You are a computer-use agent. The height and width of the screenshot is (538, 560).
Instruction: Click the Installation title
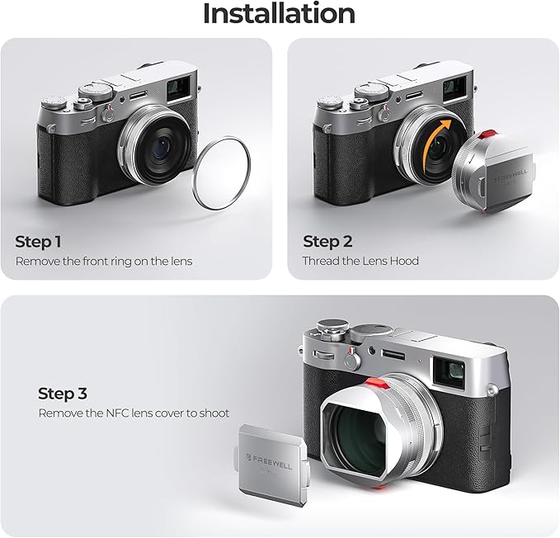pyautogui.click(x=279, y=13)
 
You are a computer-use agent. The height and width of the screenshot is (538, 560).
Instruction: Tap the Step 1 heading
pyautogui.click(x=38, y=242)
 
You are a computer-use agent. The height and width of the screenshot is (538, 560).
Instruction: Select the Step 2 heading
pyautogui.click(x=327, y=242)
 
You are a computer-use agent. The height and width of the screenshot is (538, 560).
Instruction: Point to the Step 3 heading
pyautogui.click(x=63, y=394)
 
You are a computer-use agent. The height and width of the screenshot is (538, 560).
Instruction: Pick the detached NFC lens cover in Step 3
pyautogui.click(x=271, y=464)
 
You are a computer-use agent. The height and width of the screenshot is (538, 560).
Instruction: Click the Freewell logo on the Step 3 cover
pyautogui.click(x=270, y=461)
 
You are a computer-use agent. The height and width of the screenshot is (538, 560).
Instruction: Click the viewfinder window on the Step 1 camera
pyautogui.click(x=178, y=88)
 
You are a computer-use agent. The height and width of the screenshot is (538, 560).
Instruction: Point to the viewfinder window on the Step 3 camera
pyautogui.click(x=450, y=372)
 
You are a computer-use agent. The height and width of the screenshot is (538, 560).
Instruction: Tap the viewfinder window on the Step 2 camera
pyautogui.click(x=454, y=88)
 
